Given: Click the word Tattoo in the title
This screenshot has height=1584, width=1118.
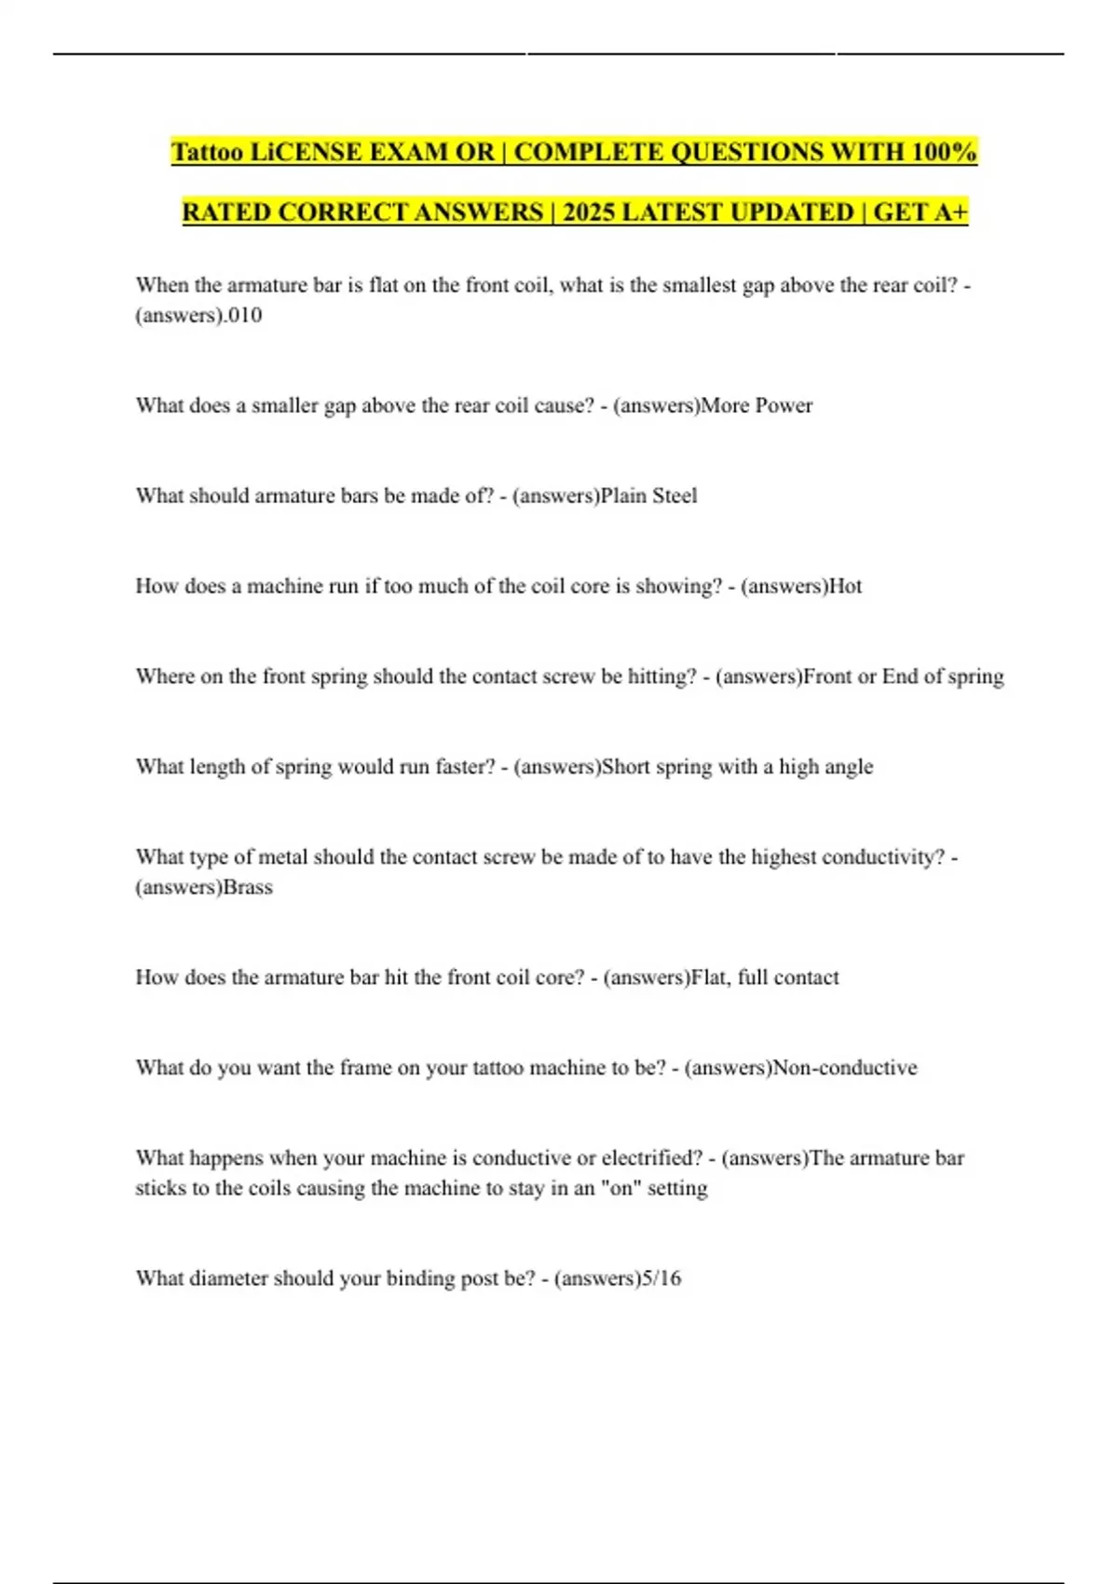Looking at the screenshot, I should tap(206, 152).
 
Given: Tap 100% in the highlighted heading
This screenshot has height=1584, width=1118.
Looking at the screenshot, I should tap(945, 152).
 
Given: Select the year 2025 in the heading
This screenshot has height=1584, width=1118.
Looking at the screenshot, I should tap(588, 212).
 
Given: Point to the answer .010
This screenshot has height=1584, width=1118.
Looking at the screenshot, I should tap(245, 315).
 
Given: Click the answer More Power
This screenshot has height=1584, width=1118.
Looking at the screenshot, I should tap(757, 405).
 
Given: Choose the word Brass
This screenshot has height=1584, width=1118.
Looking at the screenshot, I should tap(248, 887).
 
